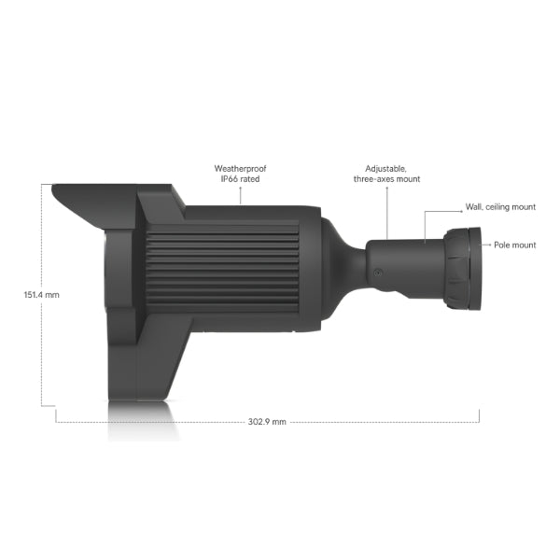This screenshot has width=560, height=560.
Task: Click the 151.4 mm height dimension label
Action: click(x=41, y=294)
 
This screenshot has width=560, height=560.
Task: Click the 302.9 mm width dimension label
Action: click(x=267, y=422)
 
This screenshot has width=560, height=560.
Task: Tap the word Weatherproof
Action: click(x=240, y=168)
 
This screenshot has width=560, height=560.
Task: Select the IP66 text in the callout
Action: click(x=229, y=178)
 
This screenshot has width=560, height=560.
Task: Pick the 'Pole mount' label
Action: click(x=515, y=245)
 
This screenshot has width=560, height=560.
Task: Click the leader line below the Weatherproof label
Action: click(x=240, y=193)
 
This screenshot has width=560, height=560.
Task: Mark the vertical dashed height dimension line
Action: click(x=42, y=355)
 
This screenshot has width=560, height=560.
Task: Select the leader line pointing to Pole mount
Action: click(x=487, y=245)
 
